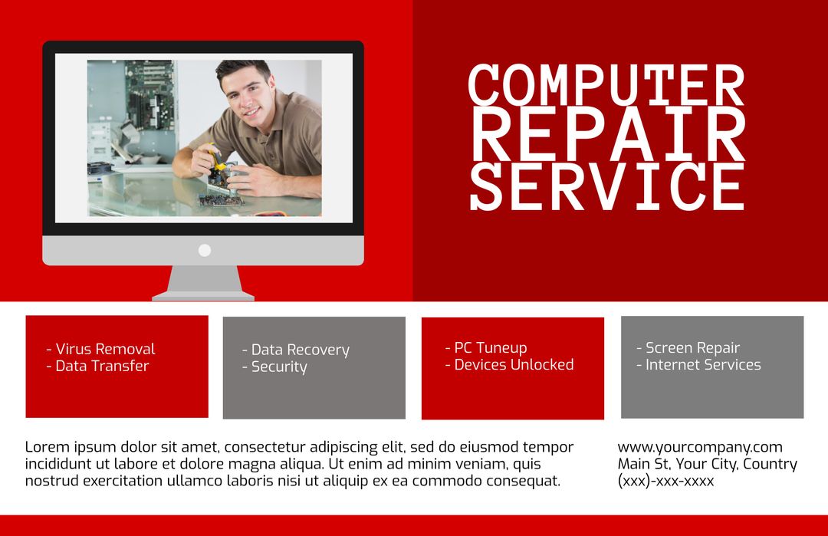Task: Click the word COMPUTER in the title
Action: (606, 85)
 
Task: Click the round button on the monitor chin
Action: (205, 250)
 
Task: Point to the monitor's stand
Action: (203, 283)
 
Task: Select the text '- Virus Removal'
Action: (100, 349)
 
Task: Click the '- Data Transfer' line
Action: (97, 366)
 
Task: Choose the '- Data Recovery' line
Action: (295, 350)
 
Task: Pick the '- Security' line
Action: (274, 367)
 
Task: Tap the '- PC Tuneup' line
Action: (486, 347)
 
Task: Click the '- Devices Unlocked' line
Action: (509, 364)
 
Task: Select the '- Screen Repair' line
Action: (688, 347)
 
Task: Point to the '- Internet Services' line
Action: (698, 364)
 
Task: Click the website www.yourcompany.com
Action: (700, 447)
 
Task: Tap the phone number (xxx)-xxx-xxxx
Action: (665, 482)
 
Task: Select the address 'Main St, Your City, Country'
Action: (707, 464)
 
